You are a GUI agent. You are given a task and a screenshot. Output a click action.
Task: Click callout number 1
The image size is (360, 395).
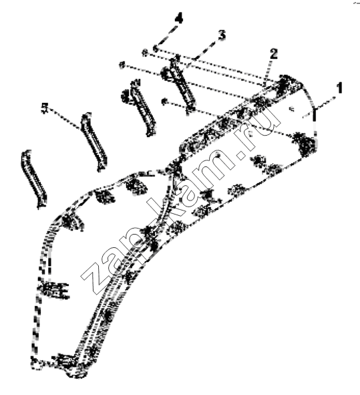coord(339,88)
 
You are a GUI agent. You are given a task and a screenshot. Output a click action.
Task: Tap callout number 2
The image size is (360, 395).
coord(274,54)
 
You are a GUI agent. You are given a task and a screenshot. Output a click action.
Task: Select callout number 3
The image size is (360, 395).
coord(222,35)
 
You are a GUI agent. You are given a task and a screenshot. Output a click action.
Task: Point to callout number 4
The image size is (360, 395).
coord(179,19)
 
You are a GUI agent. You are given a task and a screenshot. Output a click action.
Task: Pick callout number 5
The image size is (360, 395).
coord(45,108)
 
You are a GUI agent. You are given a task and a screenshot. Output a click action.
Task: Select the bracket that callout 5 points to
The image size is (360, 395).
coord(94,142)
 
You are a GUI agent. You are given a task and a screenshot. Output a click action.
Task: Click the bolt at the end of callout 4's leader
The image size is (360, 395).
coord(156,47)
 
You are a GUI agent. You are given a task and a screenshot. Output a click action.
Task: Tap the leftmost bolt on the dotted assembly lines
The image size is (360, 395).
coord(122,65)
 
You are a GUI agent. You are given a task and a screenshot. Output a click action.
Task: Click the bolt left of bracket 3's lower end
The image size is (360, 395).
coord(164,102)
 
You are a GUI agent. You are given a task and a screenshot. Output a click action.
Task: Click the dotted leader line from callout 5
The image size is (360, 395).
coord(64,119)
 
